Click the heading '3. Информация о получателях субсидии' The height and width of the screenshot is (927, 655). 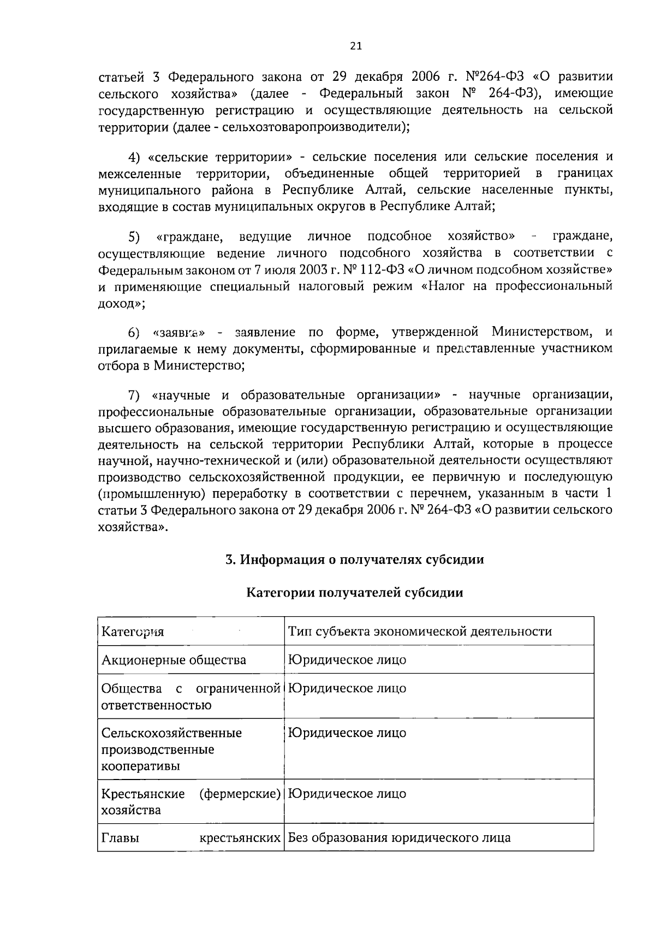tap(355, 559)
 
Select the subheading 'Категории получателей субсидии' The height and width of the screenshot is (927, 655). tap(355, 593)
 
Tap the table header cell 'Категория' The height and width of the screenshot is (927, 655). tap(133, 632)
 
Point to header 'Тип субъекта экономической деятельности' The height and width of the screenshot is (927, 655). tap(420, 631)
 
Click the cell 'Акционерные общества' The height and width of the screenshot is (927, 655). tap(174, 660)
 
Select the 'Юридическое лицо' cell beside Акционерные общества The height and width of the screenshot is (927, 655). tap(347, 660)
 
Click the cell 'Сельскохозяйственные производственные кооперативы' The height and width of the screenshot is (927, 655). tap(172, 749)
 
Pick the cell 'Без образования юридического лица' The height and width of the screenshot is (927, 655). tap(400, 837)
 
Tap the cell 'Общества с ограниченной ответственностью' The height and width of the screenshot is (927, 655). tap(190, 696)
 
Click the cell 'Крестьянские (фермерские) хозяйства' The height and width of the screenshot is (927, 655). tap(190, 801)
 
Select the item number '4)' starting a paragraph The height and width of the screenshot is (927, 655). tap(134, 157)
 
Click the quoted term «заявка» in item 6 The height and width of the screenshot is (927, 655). tap(179, 332)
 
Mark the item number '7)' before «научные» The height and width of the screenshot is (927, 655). tap(134, 395)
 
